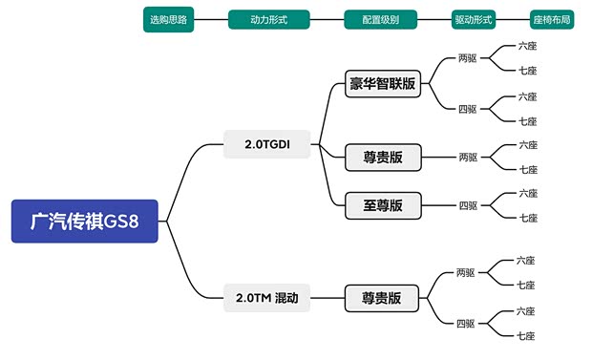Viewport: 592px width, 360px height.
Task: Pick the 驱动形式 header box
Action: pos(475,19)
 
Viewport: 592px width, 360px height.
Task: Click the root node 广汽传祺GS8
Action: pos(84,222)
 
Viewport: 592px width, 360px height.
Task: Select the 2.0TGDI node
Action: pos(266,144)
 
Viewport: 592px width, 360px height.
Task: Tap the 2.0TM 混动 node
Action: pos(267,298)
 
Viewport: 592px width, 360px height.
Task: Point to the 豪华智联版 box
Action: pos(383,84)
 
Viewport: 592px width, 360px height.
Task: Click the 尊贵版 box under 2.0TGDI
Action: pos(383,157)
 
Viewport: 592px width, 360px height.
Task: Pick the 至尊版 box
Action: pos(383,205)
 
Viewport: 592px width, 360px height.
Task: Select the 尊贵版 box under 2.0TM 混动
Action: pos(382,298)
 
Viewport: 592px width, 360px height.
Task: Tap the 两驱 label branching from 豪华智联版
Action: pos(468,58)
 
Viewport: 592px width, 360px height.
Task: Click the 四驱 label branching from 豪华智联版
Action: pos(468,108)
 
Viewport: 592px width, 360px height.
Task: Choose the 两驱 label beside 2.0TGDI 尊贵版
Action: pos(468,157)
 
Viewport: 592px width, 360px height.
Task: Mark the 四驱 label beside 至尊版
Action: pos(468,205)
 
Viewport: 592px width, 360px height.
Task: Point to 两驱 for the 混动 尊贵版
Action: pos(466,272)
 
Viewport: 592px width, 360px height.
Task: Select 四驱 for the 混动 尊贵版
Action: pos(466,323)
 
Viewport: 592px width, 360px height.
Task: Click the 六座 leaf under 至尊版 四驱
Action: pos(528,193)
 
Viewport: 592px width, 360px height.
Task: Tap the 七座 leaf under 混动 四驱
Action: pos(526,335)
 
